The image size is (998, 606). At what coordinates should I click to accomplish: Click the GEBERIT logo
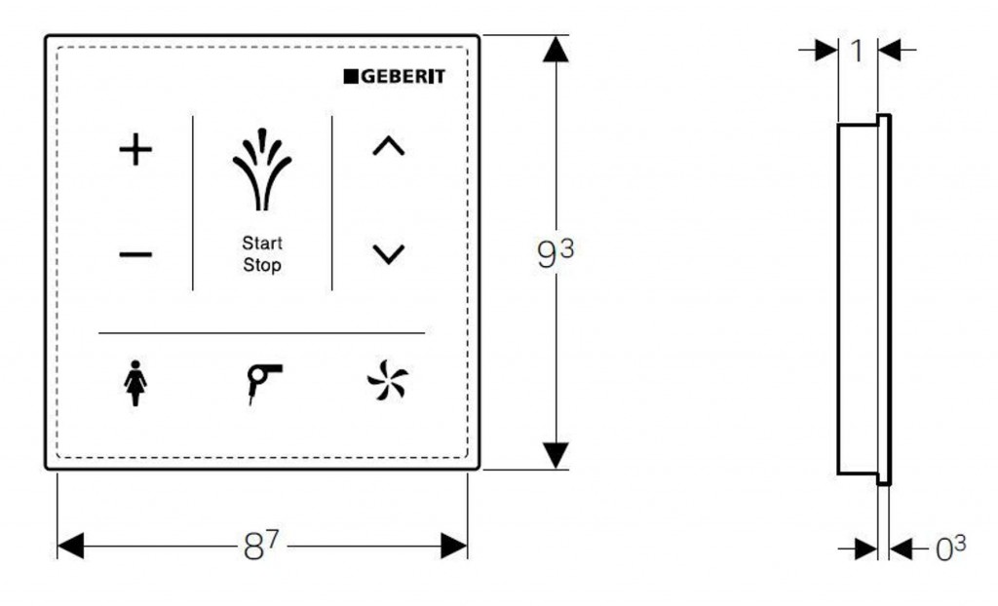coord(394,76)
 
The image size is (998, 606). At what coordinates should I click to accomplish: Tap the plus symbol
coord(135,150)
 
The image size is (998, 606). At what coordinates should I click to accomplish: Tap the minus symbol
coord(135,255)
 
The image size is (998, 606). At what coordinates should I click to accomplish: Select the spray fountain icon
coord(262,170)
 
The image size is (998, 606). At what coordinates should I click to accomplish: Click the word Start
coord(262,244)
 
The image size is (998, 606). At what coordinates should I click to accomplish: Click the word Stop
coord(262,265)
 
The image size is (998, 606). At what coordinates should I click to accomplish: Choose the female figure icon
coord(134,383)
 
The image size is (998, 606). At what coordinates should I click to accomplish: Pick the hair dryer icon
coord(263,383)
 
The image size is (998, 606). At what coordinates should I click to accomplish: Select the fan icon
coord(388,380)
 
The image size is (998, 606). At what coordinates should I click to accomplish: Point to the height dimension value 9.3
coord(556,253)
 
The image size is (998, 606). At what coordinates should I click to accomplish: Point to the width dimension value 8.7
coord(261,546)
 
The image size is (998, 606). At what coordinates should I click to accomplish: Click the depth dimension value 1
coord(858,51)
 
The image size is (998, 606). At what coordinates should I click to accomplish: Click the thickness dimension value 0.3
coord(950,549)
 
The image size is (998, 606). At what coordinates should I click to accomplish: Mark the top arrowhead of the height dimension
coord(556,49)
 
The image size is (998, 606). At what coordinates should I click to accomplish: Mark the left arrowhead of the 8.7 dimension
coord(70,547)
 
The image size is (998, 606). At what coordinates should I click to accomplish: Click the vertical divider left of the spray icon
coord(193,203)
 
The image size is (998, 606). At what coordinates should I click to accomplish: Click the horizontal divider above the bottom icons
coord(261,333)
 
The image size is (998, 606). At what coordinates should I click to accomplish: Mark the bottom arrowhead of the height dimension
coord(556,456)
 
